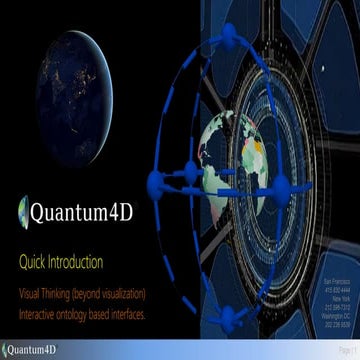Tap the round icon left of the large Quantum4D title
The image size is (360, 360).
[x=25, y=212]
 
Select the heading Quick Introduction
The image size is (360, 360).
[x=60, y=263]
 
